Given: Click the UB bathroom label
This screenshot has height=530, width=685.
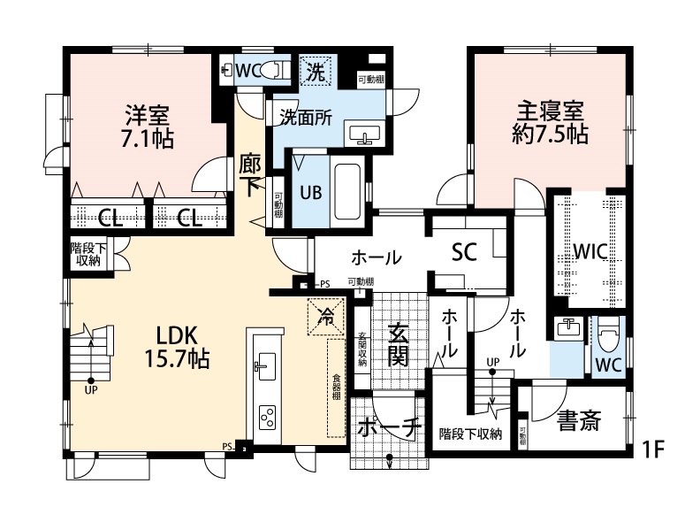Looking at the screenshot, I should (309, 192).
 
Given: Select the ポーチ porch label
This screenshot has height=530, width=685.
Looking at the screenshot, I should (389, 428).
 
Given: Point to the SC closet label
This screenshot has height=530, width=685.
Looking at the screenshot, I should (464, 252).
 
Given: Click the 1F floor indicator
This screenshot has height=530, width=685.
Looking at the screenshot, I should (653, 449).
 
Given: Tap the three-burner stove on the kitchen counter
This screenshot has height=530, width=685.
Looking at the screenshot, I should (266, 414).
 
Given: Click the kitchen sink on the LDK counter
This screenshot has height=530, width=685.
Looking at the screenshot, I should (265, 364).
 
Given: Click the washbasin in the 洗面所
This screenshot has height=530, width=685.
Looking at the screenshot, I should (365, 134).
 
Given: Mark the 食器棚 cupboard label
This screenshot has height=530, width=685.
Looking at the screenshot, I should (337, 386).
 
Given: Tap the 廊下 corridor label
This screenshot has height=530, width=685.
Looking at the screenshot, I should (250, 174).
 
